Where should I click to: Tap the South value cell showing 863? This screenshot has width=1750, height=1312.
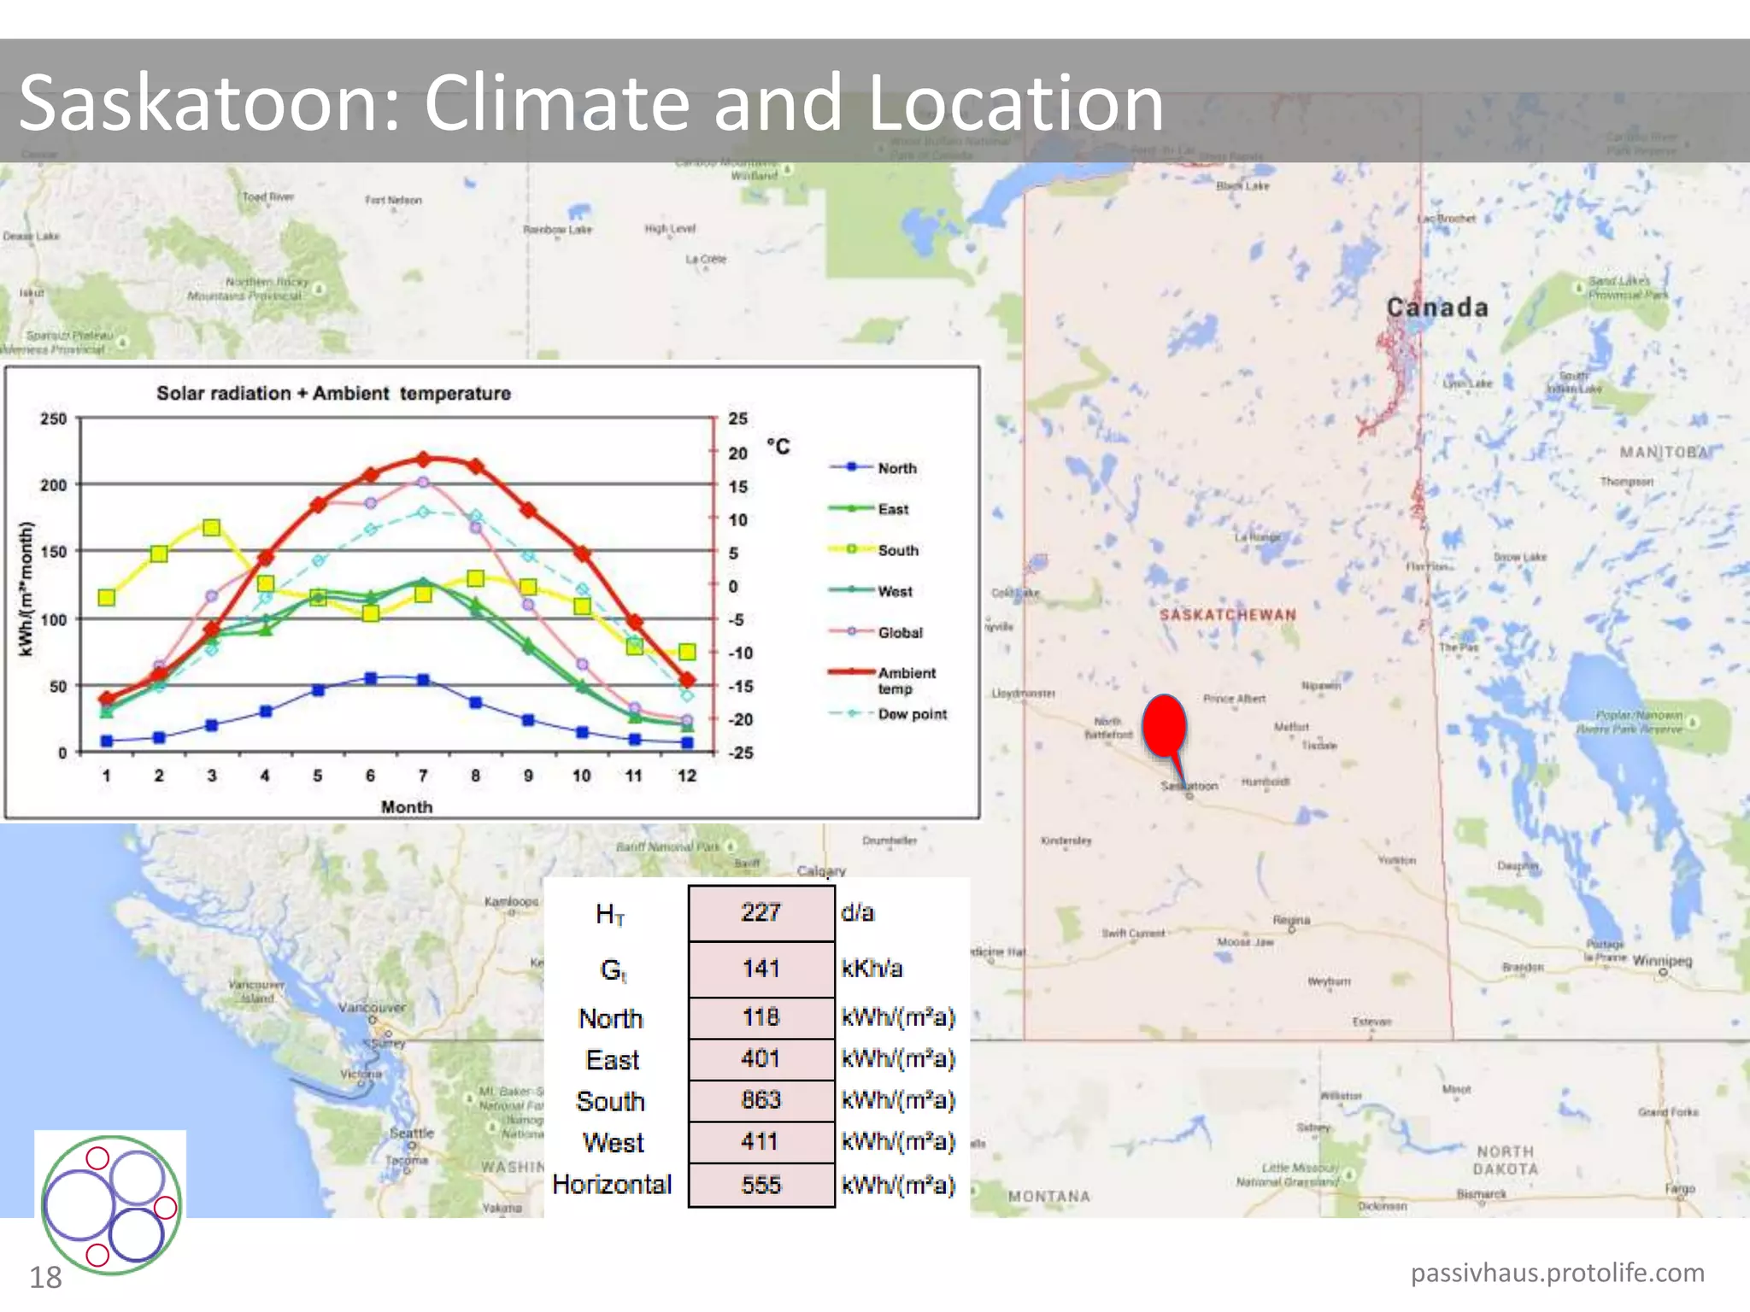760,1100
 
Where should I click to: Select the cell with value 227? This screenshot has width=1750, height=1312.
760,912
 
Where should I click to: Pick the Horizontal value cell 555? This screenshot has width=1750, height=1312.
760,1185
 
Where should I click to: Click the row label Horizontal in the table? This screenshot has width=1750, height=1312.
612,1185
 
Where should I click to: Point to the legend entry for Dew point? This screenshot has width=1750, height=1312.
912,714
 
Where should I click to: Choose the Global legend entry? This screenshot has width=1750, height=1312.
900,632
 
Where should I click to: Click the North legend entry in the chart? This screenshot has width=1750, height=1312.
896,468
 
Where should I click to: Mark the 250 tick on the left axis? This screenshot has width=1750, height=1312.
53,419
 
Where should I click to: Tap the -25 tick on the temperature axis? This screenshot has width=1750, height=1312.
740,753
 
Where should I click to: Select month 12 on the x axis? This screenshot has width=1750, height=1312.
687,776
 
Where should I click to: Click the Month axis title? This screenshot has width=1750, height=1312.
407,806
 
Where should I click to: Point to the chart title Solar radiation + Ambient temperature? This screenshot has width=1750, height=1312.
333,393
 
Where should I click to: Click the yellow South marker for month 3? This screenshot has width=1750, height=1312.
212,528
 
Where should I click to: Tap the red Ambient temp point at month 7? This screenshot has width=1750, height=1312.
423,460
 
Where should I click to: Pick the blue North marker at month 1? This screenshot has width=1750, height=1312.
107,741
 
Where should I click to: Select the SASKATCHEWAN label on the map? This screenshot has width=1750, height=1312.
1227,615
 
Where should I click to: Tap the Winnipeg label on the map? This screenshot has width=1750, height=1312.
1662,961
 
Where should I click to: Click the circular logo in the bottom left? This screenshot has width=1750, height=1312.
111,1204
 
